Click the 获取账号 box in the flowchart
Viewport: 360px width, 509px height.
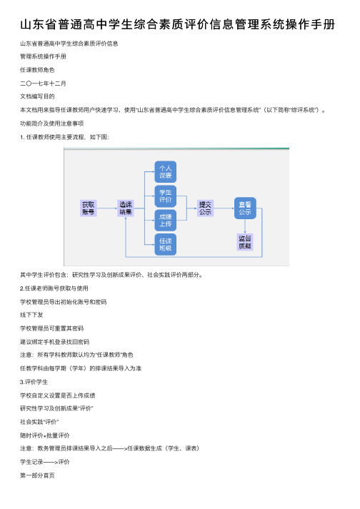pyautogui.click(x=88, y=208)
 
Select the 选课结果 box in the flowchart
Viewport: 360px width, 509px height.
pyautogui.click(x=126, y=208)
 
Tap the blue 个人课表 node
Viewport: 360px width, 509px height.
pyautogui.click(x=166, y=172)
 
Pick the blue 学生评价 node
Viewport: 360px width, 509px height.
pyautogui.click(x=166, y=196)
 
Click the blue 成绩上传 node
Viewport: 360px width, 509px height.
pyautogui.click(x=166, y=220)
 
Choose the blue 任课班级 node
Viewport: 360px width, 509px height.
pyautogui.click(x=166, y=244)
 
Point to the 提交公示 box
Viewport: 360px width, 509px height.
pyautogui.click(x=205, y=208)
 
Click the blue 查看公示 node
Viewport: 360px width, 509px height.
pyautogui.click(x=245, y=208)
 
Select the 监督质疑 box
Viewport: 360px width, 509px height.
pyautogui.click(x=245, y=242)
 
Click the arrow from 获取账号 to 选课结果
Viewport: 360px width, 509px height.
pyautogui.click(x=107, y=208)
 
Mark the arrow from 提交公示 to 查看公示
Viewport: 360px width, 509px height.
pyautogui.click(x=224, y=208)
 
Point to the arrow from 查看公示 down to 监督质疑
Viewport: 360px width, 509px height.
pyautogui.click(x=245, y=226)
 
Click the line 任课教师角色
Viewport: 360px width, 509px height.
pyautogui.click(x=37, y=70)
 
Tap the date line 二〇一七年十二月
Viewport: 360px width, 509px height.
pyautogui.click(x=43, y=84)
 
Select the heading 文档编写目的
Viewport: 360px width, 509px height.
pyautogui.click(x=37, y=96)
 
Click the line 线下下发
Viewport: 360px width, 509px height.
pyautogui.click(x=31, y=315)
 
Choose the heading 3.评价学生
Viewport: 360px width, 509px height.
pyautogui.click(x=34, y=382)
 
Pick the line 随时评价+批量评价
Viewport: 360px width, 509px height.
pyautogui.click(x=45, y=435)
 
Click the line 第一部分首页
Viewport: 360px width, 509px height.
pyautogui.click(x=37, y=475)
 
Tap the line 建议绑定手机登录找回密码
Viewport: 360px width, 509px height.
pyautogui.click(x=54, y=342)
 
